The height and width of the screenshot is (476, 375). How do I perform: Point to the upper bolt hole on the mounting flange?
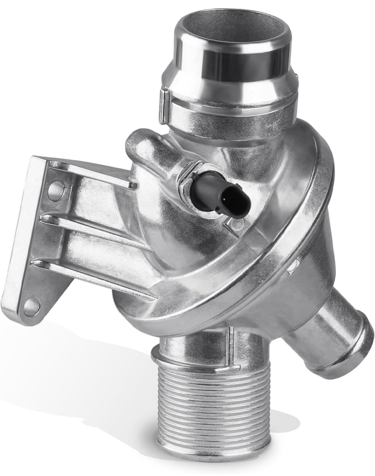pyautogui.click(x=53, y=188)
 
